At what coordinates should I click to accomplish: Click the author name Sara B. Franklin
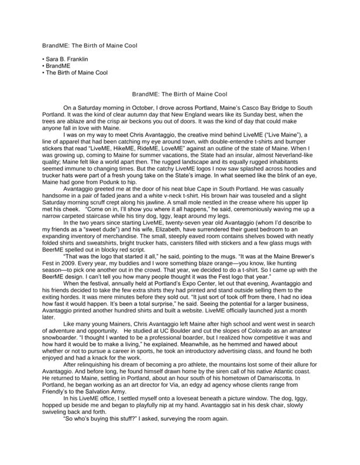[67, 59]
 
